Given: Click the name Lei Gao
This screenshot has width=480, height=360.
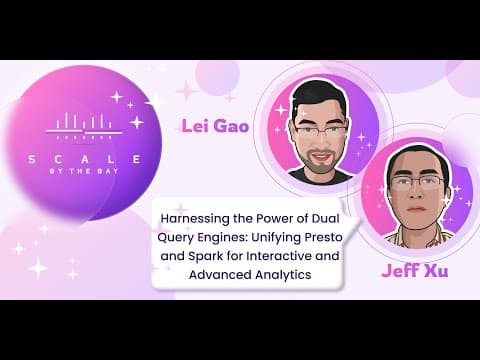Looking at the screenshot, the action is pos(215,126).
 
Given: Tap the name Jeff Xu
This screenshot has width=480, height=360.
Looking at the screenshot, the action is pos(415,270).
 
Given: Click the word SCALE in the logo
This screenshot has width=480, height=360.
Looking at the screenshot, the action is pos(85,159).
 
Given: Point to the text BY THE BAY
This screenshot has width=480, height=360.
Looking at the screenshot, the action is pos(84,171).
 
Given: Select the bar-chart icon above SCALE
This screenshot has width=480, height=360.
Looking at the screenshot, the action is pos(84,126).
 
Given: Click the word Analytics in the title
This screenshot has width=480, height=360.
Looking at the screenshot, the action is pos(283,275).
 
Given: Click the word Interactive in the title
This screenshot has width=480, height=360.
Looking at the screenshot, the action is pos(280,256).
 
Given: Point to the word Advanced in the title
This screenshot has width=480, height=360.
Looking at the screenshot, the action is pos(220,275).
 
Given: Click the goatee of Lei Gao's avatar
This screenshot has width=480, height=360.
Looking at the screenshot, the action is pos(320,163).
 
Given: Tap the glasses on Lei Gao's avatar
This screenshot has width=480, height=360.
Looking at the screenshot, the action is pos(321,131).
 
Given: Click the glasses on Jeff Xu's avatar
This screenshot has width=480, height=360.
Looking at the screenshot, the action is pos(418,182).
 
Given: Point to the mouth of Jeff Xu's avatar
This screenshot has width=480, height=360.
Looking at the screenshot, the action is pos(416,209).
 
